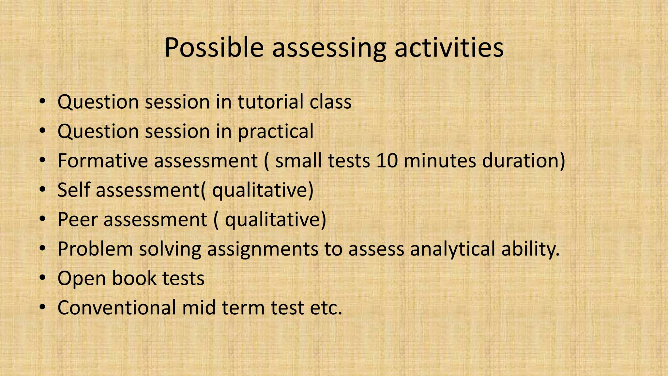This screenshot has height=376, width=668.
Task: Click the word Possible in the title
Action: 214,48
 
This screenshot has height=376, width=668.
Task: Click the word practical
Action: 276,132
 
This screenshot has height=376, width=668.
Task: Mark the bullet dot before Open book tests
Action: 42,278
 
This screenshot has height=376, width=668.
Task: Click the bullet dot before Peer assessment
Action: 42,219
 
